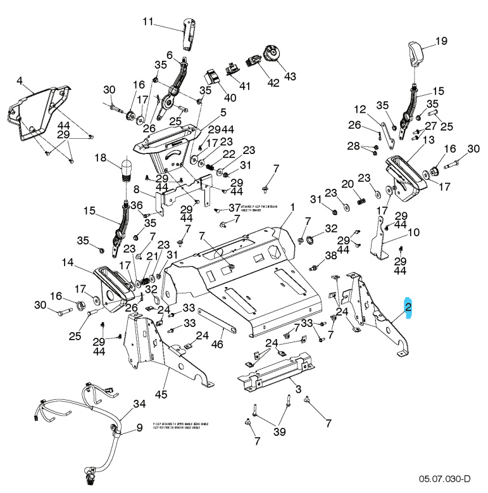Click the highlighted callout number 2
pyautogui.click(x=409, y=309)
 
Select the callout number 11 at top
pyautogui.click(x=147, y=22)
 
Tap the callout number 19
pyautogui.click(x=441, y=41)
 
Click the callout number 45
pyautogui.click(x=161, y=395)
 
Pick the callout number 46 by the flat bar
pyautogui.click(x=217, y=345)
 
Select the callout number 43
pyautogui.click(x=289, y=76)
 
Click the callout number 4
pyautogui.click(x=20, y=81)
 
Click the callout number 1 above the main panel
pyautogui.click(x=293, y=207)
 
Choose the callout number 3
pyautogui.click(x=297, y=388)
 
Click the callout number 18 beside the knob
pyautogui.click(x=101, y=157)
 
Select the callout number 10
pyautogui.click(x=413, y=233)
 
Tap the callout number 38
pyautogui.click(x=331, y=255)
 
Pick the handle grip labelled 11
pyautogui.click(x=189, y=36)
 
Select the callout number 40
pyautogui.click(x=229, y=98)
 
